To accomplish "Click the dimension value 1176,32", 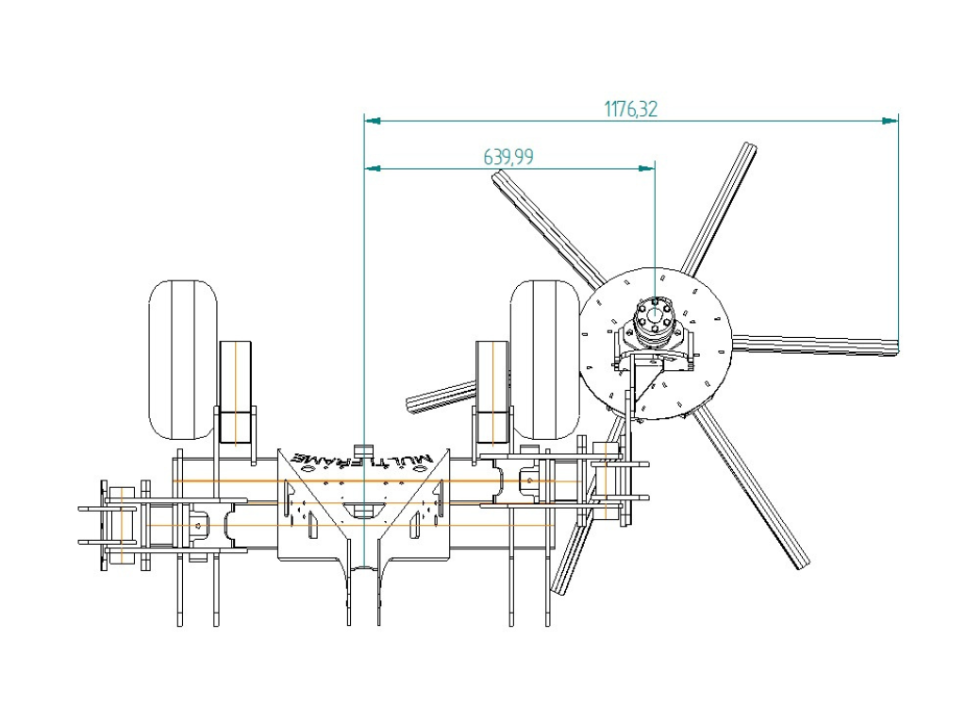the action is pos(630,110).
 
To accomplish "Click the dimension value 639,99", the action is pos(508,158).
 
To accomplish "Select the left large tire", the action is pos(183,360).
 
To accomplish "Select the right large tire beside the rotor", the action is pos(544,360).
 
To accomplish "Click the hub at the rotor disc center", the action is pos(655,318).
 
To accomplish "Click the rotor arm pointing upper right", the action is pos(719,210).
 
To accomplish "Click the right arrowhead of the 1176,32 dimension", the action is pos(891,121).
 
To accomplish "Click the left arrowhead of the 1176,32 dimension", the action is pos(373,121).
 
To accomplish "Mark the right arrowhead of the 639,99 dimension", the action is pos(646,168).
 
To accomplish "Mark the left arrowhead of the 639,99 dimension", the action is pos(373,168).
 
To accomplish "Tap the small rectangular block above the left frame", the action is pos(236,393).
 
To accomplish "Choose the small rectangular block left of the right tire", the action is pos(492,393).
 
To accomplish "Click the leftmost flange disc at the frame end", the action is pos(104,525).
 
